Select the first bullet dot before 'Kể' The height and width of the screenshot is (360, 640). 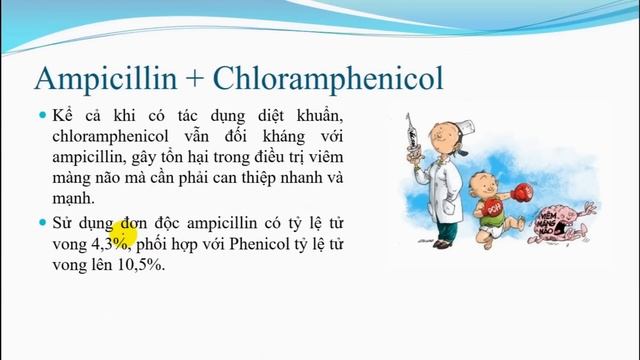tap(43, 115)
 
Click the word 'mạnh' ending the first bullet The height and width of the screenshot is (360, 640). tap(75, 201)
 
